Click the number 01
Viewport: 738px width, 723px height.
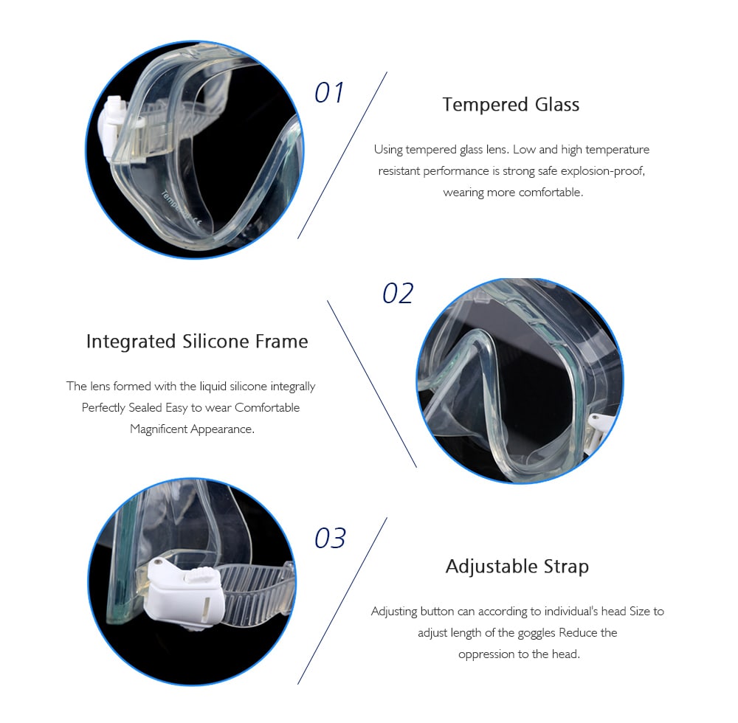329,93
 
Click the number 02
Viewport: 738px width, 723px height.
398,294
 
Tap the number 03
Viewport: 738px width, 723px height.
330,538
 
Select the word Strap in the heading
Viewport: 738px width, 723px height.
566,567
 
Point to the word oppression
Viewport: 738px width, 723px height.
486,654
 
